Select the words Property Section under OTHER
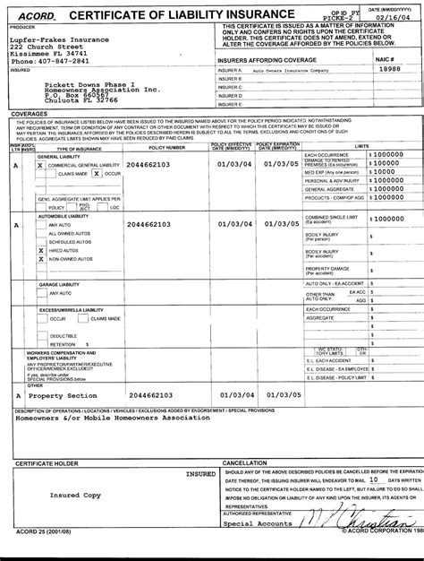click(62, 395)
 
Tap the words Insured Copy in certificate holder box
click(75, 495)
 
